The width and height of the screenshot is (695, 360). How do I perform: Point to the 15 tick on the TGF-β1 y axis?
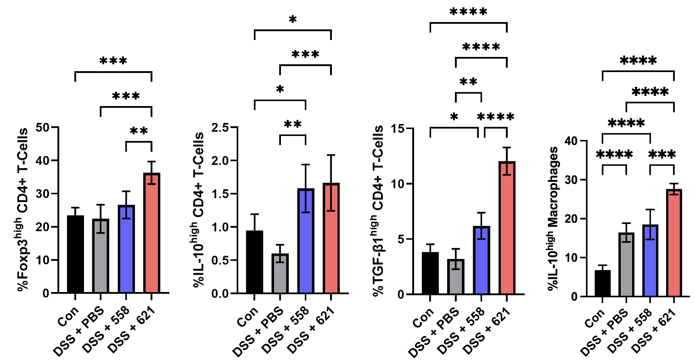point(405,129)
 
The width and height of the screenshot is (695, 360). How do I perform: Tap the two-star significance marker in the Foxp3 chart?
point(139,132)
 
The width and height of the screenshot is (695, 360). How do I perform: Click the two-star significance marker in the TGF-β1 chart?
point(468,83)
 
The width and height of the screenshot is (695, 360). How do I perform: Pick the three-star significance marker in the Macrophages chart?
point(662,155)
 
